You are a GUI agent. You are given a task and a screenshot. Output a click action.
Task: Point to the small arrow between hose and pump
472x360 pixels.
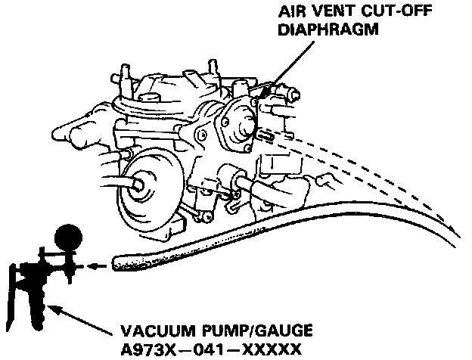point(92,265)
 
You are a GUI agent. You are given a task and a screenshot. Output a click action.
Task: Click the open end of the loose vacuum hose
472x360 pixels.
point(117,263)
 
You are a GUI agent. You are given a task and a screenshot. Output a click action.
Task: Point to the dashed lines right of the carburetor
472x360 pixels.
point(378,163)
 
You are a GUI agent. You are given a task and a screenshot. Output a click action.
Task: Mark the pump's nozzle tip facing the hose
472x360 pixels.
point(76,265)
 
